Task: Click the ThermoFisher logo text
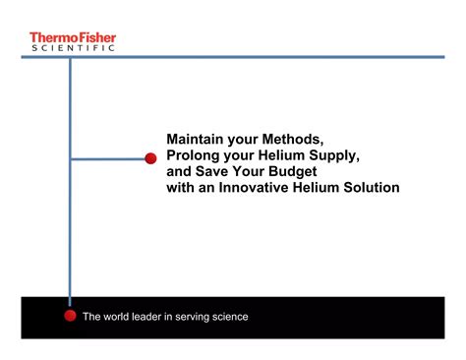(x=73, y=36)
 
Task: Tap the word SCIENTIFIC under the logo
(x=73, y=47)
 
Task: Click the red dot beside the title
(x=151, y=158)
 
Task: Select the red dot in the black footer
(x=70, y=316)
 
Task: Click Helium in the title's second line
(x=288, y=156)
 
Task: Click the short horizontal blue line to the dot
(x=108, y=158)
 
